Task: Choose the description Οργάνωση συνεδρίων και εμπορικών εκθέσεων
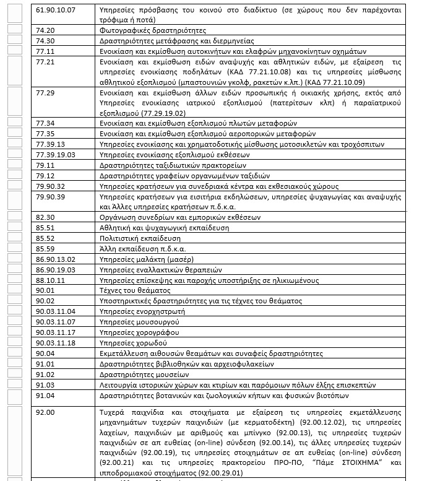click(179, 217)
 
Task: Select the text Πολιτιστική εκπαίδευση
click(140, 238)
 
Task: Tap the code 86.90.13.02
click(56, 259)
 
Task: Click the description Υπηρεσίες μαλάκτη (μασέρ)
click(146, 259)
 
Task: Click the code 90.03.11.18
click(56, 343)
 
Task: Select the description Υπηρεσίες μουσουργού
click(139, 322)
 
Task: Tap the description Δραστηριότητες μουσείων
click(144, 375)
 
